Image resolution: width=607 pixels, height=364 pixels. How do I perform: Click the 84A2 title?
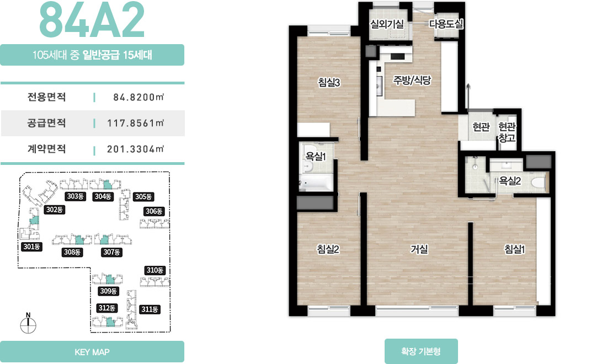point(92,20)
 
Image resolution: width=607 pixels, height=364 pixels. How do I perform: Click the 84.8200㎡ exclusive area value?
point(139,97)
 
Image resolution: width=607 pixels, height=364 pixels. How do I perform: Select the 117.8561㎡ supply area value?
point(136,123)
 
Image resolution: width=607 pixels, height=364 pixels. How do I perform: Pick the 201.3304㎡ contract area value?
point(136,149)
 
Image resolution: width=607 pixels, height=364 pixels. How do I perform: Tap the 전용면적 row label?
point(46,97)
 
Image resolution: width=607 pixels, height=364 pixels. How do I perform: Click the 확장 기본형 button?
point(421,351)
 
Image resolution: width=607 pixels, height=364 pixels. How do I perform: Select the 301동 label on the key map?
point(32,247)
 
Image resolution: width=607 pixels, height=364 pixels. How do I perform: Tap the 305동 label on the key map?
point(143,196)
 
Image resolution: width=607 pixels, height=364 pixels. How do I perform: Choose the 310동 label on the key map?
point(155,270)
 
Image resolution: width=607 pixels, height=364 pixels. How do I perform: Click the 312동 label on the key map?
point(107,308)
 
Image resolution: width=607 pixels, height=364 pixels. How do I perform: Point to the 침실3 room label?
point(329,82)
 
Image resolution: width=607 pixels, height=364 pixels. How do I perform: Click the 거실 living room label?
point(419,249)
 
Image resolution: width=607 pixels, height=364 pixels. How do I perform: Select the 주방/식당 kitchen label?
point(412,80)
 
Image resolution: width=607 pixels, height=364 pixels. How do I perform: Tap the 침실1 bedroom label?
point(514,249)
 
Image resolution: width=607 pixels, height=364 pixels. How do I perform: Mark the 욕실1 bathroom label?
point(316,156)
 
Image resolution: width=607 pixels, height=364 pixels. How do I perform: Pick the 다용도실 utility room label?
point(446,24)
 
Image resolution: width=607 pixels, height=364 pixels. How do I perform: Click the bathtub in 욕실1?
point(316,183)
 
